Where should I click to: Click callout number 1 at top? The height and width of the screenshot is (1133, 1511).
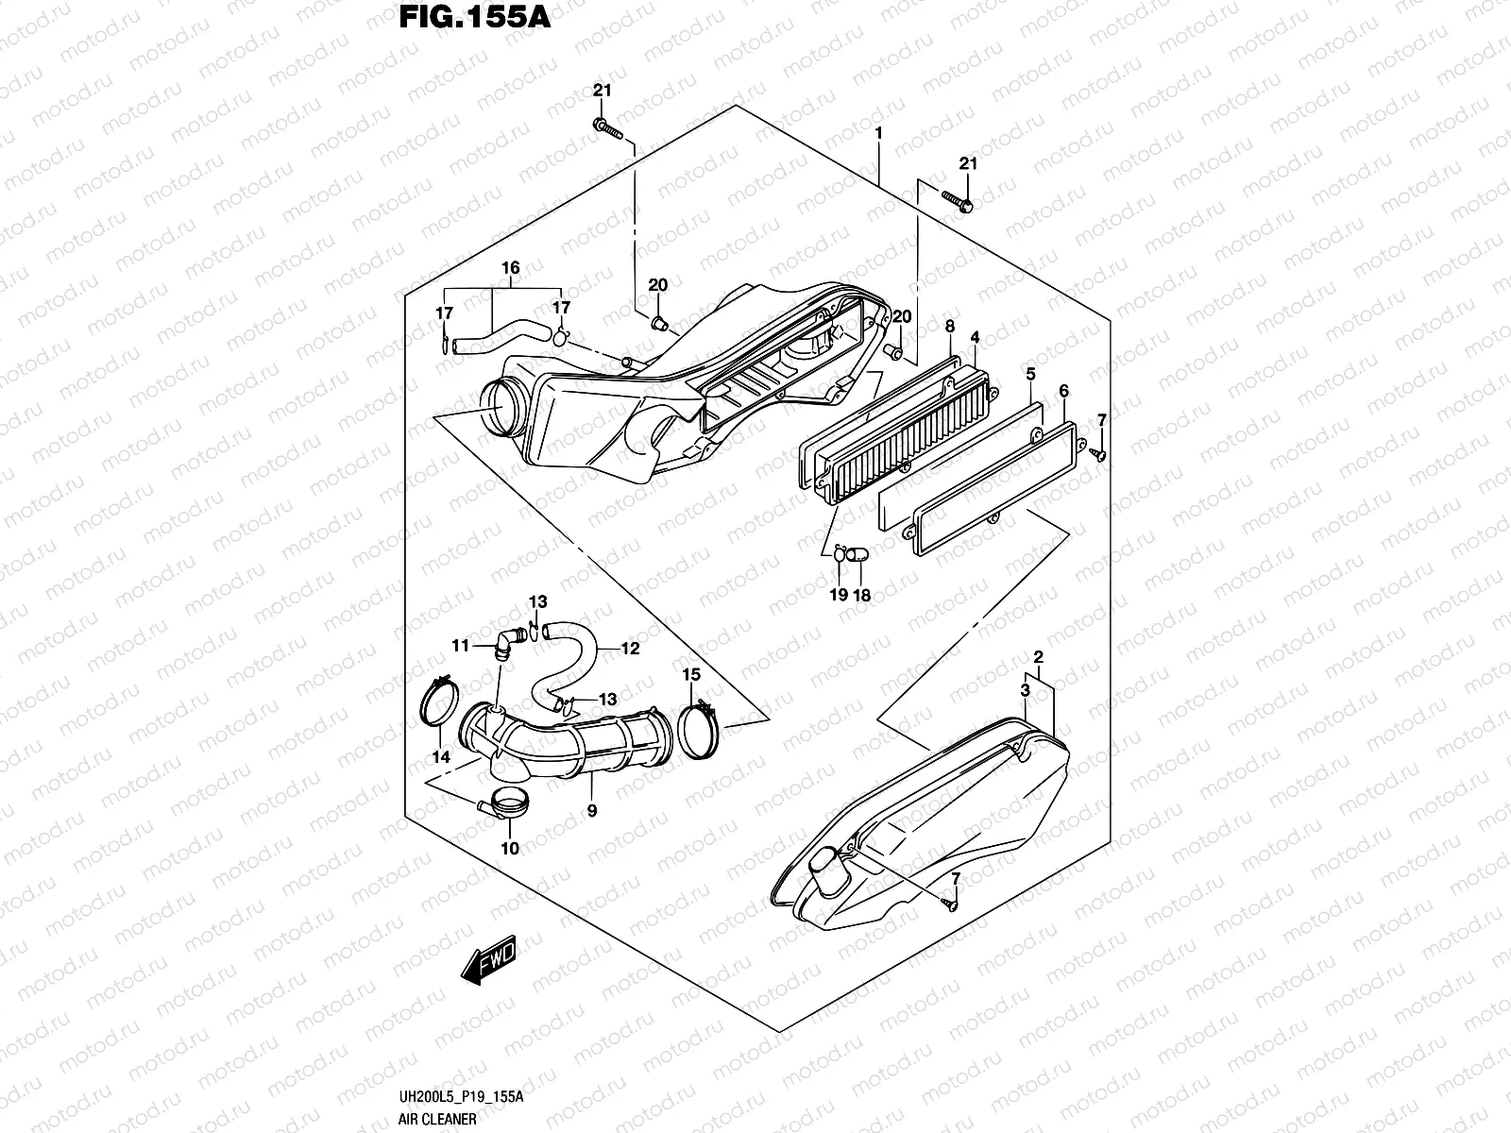tap(878, 134)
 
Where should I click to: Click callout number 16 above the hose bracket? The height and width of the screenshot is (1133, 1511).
tap(510, 268)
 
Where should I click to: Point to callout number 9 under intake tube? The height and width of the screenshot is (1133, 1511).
tap(592, 810)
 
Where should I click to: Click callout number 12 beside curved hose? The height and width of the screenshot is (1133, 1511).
tap(631, 649)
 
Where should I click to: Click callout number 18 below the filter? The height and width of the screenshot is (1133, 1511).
tap(861, 596)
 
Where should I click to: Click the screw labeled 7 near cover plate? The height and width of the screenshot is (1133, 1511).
tap(1098, 454)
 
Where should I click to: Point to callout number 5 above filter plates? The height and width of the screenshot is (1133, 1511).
tap(1031, 375)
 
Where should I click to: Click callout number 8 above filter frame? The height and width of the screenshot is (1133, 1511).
tap(950, 327)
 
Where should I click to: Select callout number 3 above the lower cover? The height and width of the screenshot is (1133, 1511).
tap(1026, 691)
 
